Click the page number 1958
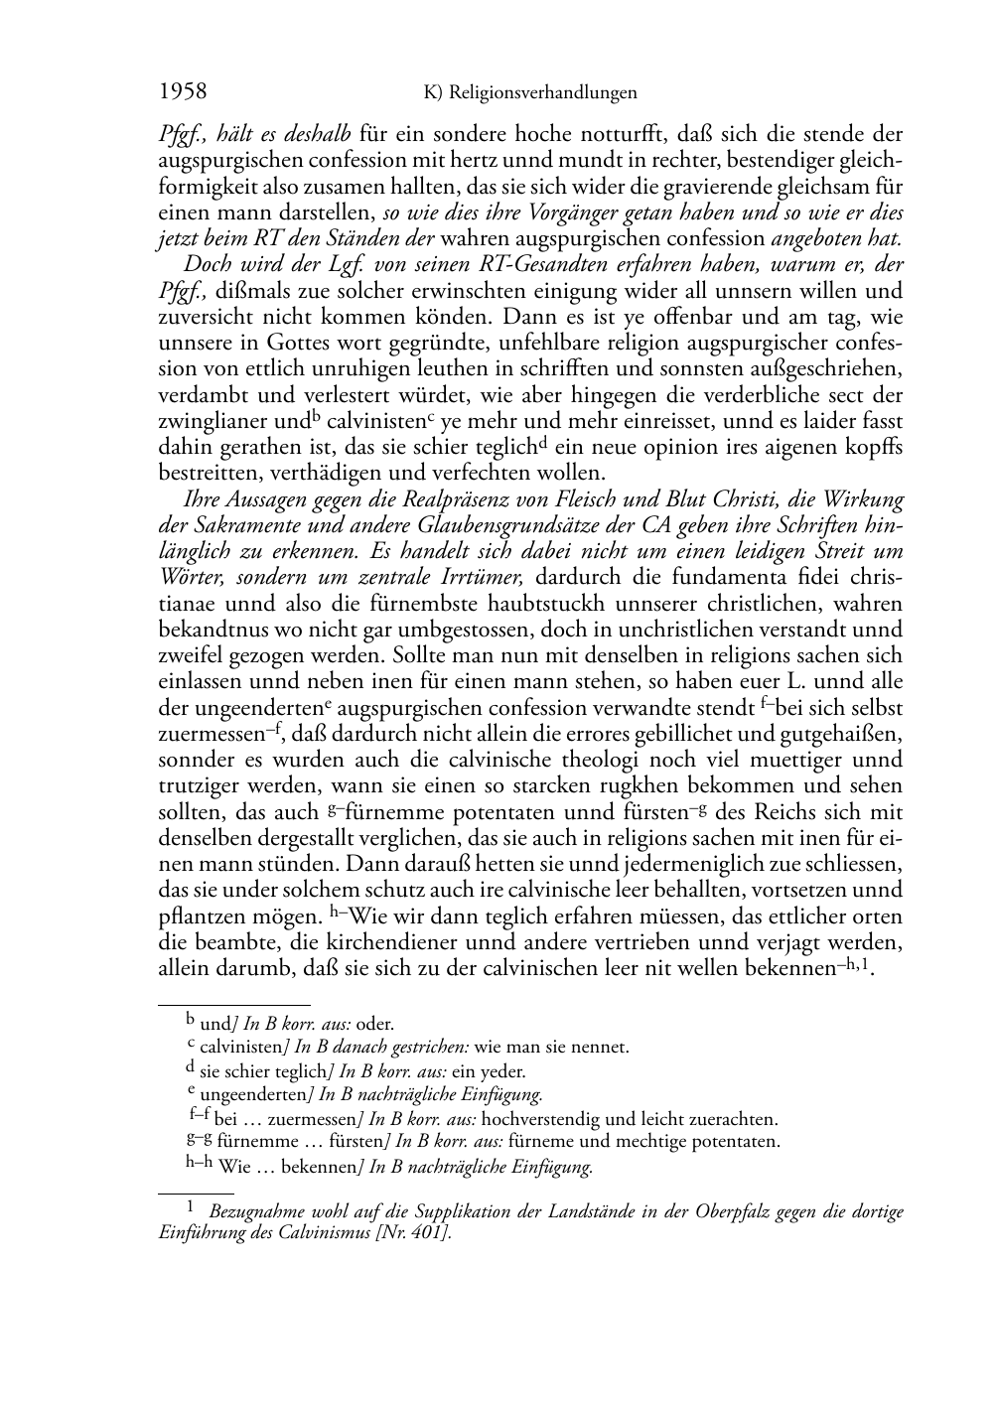point(183,92)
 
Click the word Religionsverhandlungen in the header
point(542,93)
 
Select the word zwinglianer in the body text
point(207,421)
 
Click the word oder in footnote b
point(376,1024)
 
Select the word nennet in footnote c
point(604,1047)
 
